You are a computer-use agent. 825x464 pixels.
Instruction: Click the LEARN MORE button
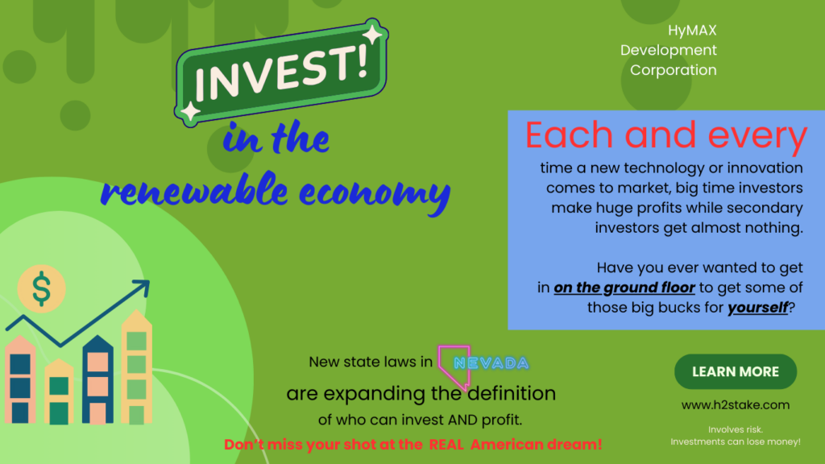735,371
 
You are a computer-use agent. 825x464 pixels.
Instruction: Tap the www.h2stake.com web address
735,405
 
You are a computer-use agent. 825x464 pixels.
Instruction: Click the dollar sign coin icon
42,289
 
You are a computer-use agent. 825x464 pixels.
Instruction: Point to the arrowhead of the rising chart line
142,287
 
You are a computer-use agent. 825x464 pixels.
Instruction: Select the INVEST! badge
281,72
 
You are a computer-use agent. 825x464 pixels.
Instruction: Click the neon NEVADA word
491,363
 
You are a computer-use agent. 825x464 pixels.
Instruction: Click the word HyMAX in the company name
692,31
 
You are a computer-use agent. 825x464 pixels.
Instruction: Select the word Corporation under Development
673,70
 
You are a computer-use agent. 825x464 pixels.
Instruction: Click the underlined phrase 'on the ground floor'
624,288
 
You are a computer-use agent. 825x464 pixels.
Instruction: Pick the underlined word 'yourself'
757,307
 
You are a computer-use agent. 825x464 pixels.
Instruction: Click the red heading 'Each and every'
665,135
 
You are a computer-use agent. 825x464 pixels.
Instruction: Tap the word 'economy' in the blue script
375,193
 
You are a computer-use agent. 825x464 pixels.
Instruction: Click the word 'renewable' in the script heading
194,189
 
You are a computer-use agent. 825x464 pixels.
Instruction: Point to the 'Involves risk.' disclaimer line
735,429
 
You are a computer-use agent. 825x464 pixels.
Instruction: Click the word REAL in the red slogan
446,445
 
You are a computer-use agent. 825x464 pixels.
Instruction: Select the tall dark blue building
97,379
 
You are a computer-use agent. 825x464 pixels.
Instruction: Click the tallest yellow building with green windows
137,367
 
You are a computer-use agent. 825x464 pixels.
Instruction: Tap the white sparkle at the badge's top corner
373,34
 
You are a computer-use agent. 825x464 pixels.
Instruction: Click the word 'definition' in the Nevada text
512,393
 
